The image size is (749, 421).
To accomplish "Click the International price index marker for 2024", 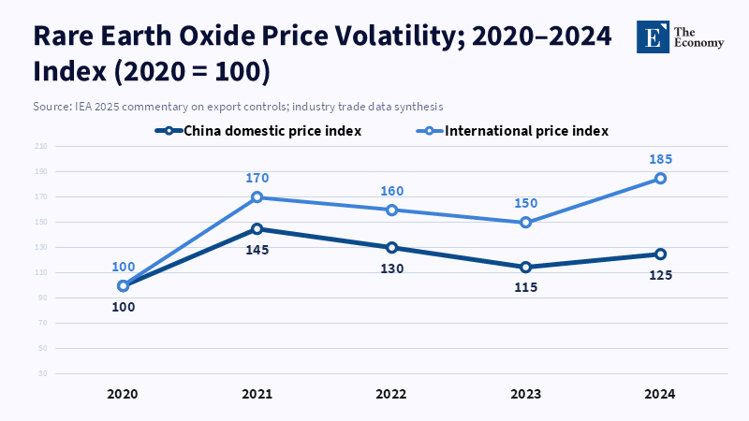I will (660, 179).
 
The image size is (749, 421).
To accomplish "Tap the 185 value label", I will (660, 159).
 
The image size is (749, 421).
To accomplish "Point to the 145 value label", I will (257, 250).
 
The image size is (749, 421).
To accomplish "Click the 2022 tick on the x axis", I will (391, 395).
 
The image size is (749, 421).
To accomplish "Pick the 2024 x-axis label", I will (660, 395).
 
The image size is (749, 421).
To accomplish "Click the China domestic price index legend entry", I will (258, 131).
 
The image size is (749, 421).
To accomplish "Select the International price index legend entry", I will (517, 131).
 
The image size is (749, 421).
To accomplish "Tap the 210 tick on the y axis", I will (41, 147).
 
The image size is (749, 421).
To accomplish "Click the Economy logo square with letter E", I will (653, 36).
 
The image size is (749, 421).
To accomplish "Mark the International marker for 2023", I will (525, 223).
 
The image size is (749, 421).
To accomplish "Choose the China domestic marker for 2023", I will (525, 268).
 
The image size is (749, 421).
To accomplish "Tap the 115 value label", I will (525, 288).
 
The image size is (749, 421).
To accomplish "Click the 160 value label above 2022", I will (391, 191).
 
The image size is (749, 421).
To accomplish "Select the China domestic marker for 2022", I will (391, 248).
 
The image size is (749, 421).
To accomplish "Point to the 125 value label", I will (660, 275).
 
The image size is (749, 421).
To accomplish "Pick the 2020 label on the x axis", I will (123, 395).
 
